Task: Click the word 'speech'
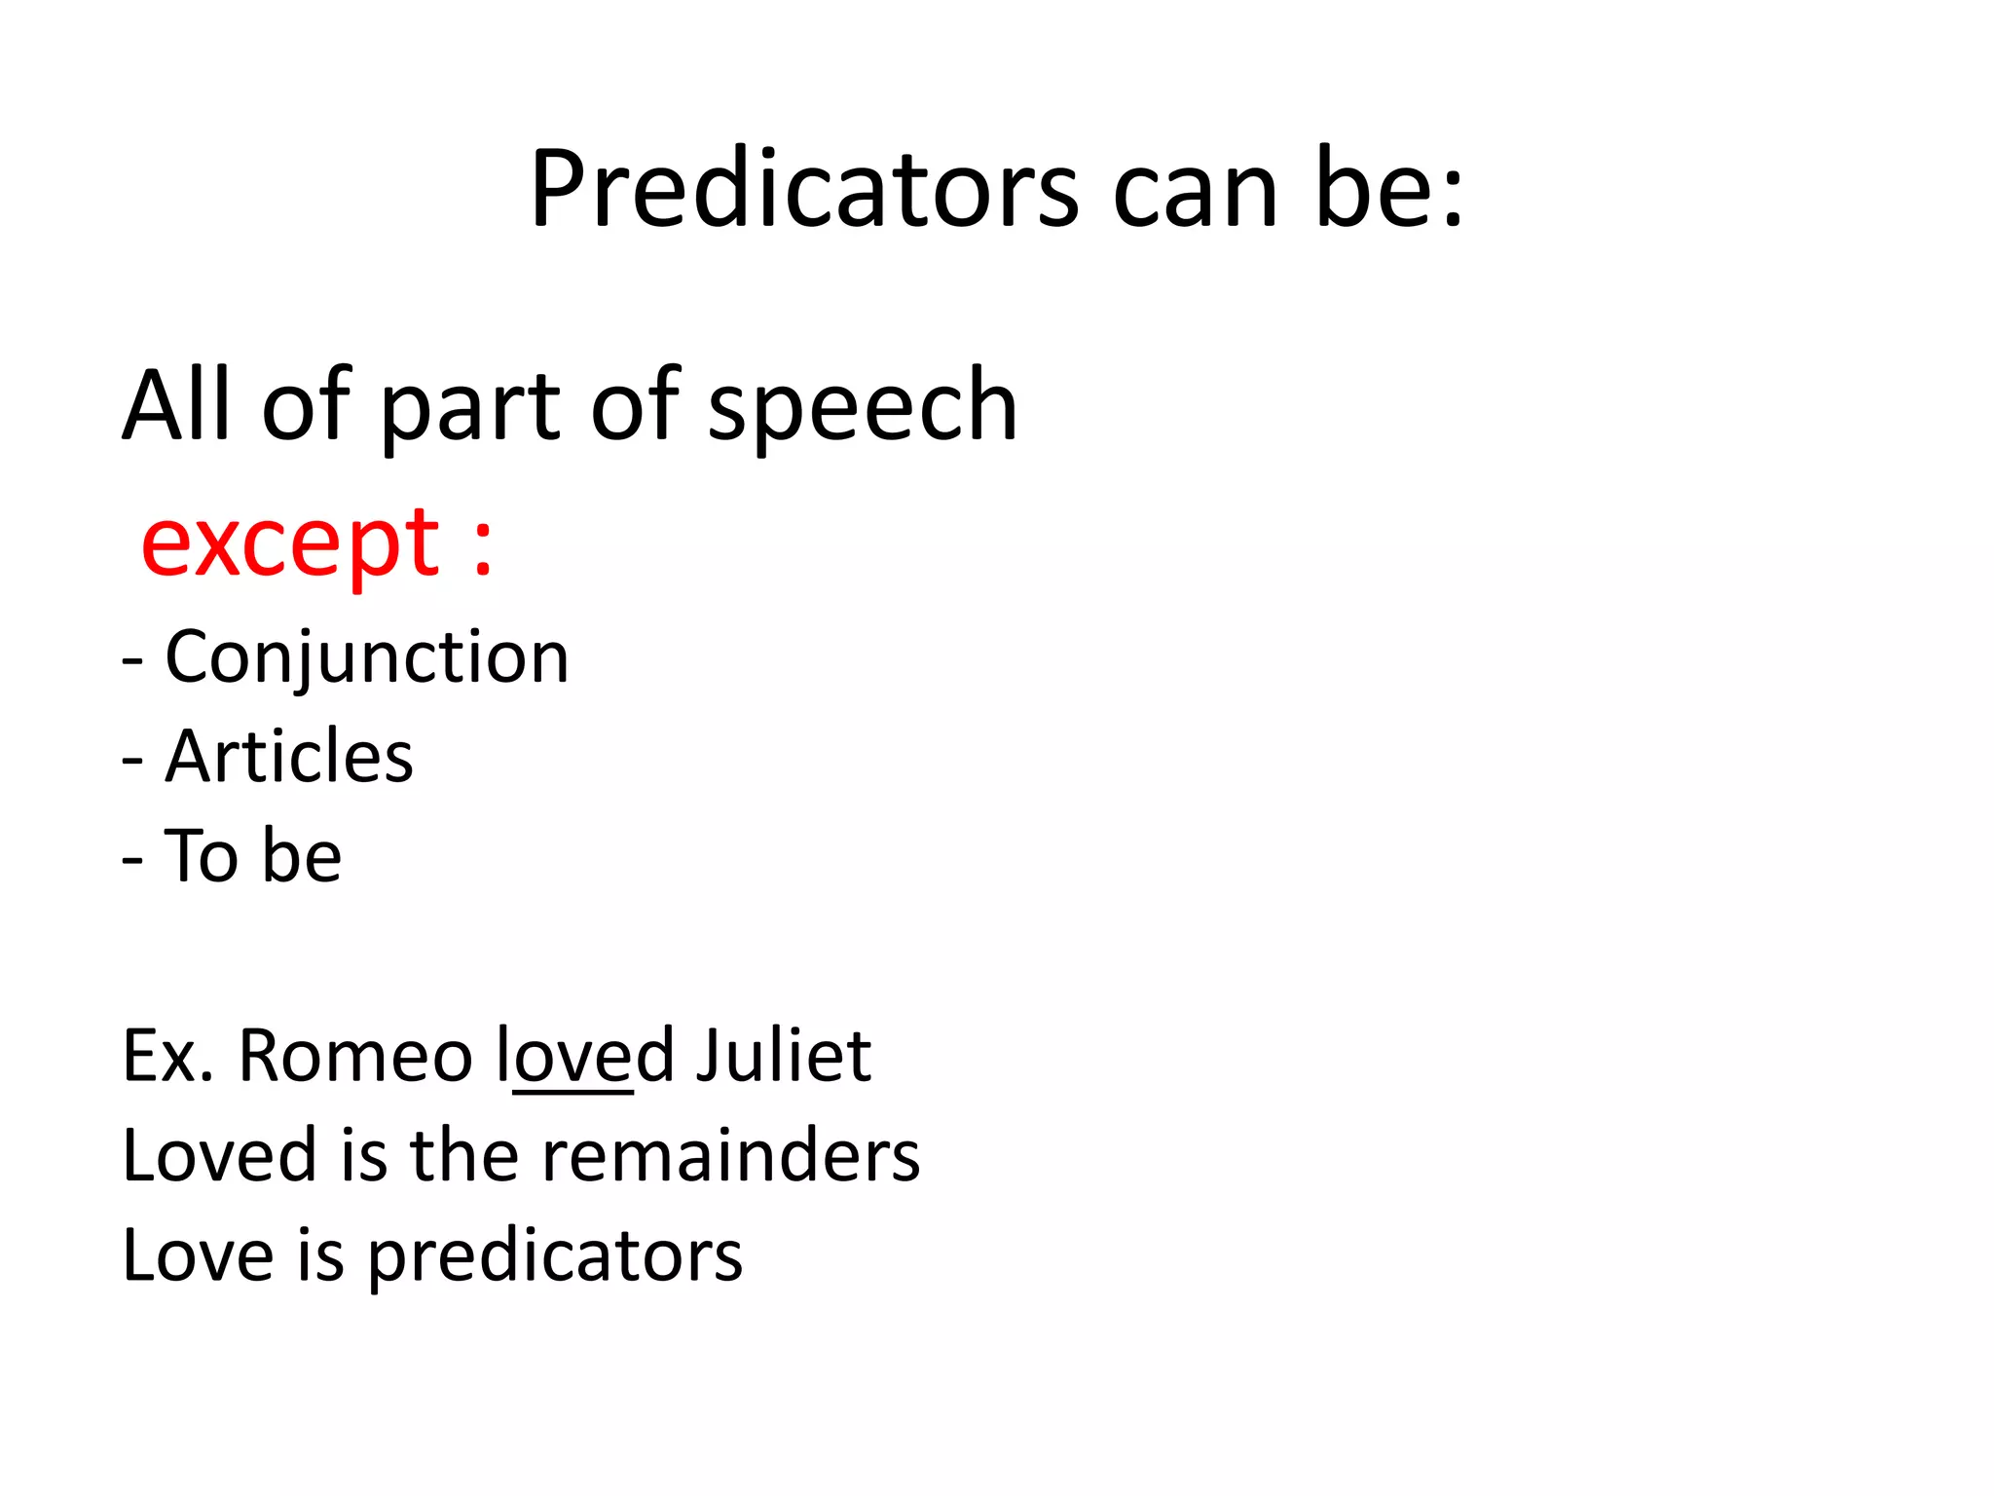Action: (x=863, y=407)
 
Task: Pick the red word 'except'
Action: (x=291, y=543)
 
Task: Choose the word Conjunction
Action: (x=367, y=658)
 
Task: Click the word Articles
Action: (x=289, y=757)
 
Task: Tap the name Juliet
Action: (x=783, y=1056)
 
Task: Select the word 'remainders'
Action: (x=730, y=1156)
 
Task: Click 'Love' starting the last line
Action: (x=198, y=1256)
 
